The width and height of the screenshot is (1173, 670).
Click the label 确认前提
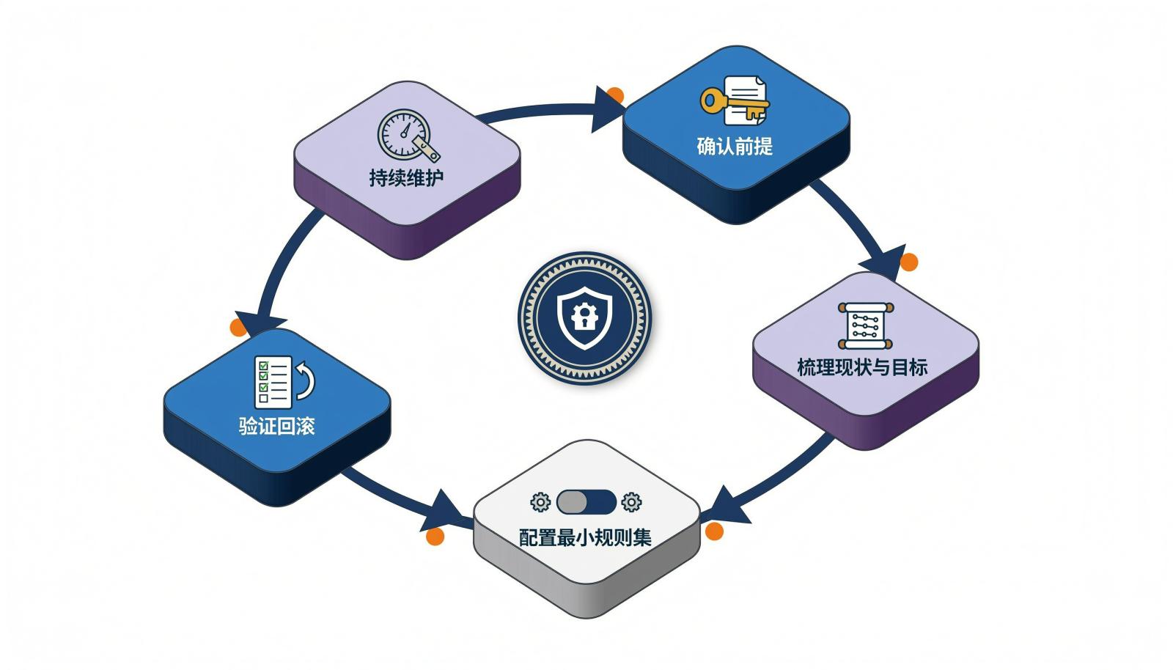pos(735,146)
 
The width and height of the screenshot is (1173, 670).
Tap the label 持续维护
pos(406,177)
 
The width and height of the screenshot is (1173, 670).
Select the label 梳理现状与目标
pos(862,367)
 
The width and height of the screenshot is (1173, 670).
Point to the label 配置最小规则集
pos(585,537)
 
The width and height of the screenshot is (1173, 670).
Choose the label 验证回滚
pos(276,426)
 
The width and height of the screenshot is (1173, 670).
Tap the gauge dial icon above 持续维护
pos(408,135)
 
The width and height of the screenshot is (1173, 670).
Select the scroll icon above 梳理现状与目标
pos(866,325)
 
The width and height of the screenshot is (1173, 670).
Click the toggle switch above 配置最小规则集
pos(586,502)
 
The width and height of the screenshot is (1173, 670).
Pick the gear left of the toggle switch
pos(540,502)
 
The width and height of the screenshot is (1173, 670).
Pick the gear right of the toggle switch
pos(631,502)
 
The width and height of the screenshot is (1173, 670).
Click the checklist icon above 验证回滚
pos(273,382)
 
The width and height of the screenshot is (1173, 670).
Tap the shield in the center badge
pos(584,317)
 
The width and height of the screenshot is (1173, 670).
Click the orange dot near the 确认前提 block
pos(615,96)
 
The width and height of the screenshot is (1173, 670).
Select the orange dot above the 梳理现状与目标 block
pos(908,262)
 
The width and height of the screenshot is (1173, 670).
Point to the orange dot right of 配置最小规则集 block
pos(714,531)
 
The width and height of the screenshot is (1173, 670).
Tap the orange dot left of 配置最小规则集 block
pos(435,536)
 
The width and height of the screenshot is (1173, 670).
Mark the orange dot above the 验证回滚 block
pos(238,327)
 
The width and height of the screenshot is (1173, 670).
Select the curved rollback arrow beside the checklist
pos(306,380)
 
